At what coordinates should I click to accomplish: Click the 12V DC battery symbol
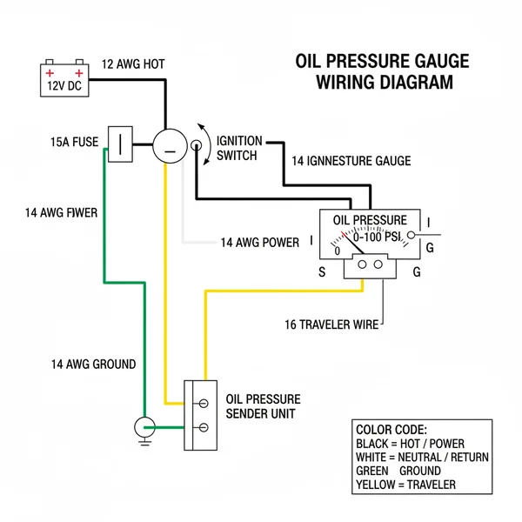click(67, 78)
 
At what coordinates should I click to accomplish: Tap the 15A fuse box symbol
click(119, 144)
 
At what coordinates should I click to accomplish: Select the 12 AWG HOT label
click(133, 64)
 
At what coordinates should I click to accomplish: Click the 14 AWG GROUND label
click(92, 364)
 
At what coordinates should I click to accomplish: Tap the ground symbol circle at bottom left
click(144, 427)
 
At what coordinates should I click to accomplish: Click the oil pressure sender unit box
click(199, 415)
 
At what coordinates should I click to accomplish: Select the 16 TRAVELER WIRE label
click(331, 325)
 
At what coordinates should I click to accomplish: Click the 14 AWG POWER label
click(259, 242)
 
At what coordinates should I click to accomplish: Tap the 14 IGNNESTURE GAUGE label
click(351, 161)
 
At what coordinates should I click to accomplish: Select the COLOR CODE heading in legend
click(391, 430)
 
